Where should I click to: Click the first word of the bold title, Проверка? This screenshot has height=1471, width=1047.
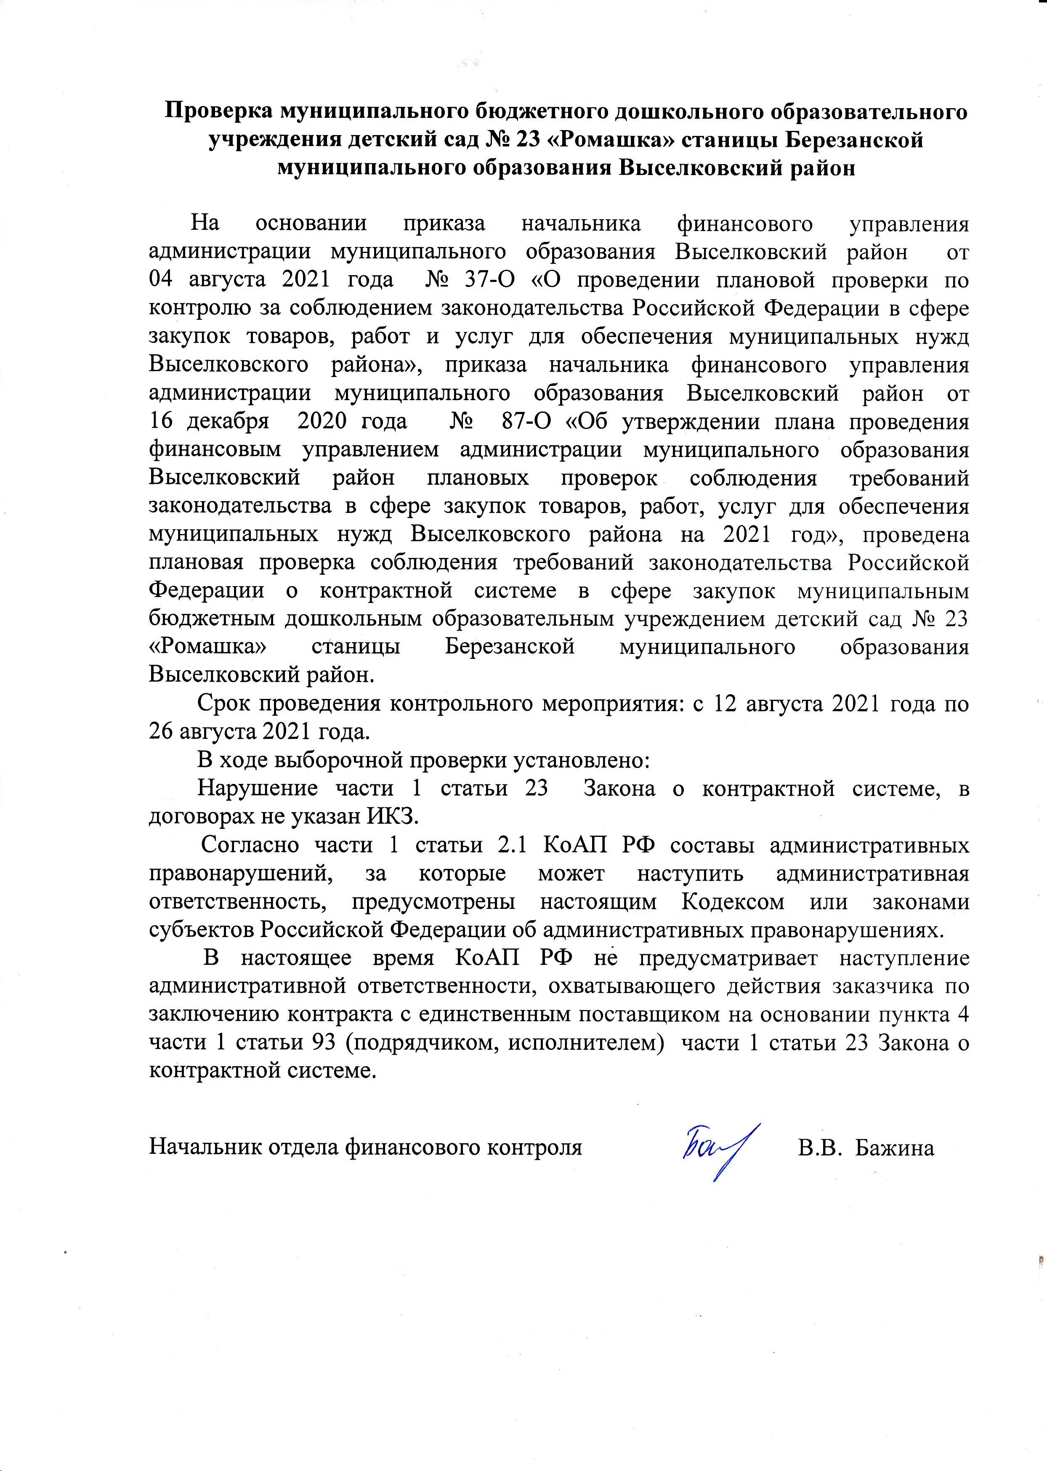(x=219, y=112)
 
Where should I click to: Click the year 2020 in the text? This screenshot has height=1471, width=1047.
(x=322, y=422)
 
